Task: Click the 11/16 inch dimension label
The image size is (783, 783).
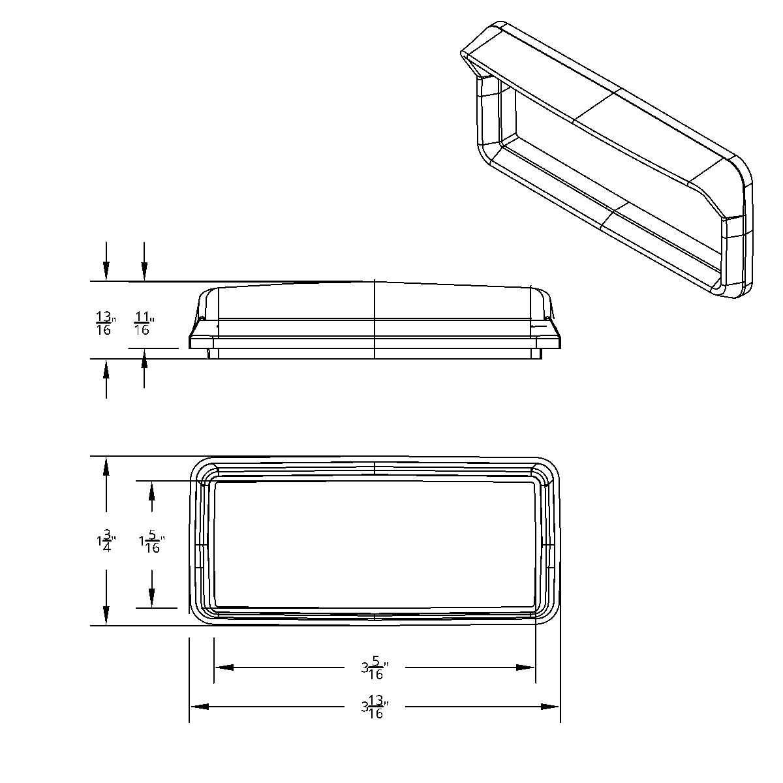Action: tap(144, 323)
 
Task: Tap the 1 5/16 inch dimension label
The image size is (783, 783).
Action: tap(151, 543)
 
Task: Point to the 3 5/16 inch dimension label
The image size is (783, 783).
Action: tap(375, 668)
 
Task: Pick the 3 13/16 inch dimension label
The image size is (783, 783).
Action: tap(375, 707)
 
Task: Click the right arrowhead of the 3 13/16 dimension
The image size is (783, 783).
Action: tap(551, 707)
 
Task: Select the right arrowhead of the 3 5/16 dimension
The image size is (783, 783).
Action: tap(526, 668)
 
